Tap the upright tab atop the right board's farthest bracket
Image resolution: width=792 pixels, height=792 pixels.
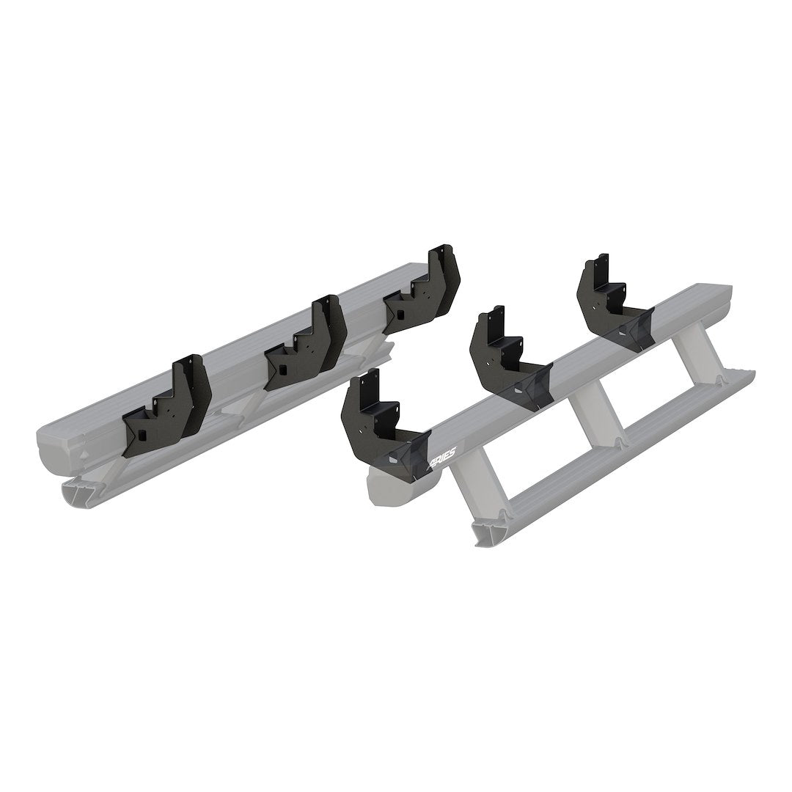602,265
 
